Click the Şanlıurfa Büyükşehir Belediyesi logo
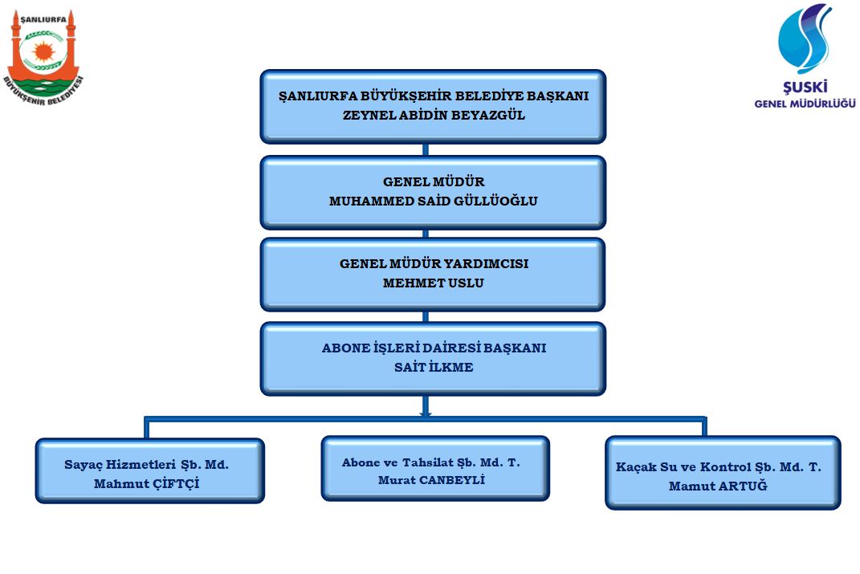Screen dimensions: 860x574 pyautogui.click(x=43, y=59)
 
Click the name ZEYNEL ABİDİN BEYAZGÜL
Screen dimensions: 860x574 pyautogui.click(x=434, y=115)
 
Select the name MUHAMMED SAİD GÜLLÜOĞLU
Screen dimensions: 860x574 pyautogui.click(x=434, y=201)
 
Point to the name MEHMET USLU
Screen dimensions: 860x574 pyautogui.click(x=434, y=283)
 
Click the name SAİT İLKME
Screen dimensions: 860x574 pyautogui.click(x=434, y=367)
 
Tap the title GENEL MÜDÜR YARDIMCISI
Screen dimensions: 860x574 pyautogui.click(x=434, y=263)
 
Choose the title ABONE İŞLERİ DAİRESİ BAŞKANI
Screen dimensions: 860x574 pyautogui.click(x=434, y=348)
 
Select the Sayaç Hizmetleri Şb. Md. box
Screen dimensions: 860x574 pyautogui.click(x=149, y=471)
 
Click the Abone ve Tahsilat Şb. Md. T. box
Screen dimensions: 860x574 pyautogui.click(x=435, y=468)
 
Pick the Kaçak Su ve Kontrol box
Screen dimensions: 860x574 pyautogui.click(x=723, y=473)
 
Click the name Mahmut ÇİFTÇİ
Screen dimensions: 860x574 pyautogui.click(x=146, y=483)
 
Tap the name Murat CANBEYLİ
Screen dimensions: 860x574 pyautogui.click(x=431, y=480)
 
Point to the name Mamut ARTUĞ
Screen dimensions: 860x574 pyautogui.click(x=718, y=486)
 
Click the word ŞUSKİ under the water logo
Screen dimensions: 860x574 pyautogui.click(x=805, y=87)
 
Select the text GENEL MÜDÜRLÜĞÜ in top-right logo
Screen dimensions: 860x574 pyautogui.click(x=805, y=104)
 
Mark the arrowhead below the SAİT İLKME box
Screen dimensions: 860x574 pyautogui.click(x=426, y=413)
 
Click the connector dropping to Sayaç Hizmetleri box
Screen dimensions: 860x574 pyautogui.click(x=146, y=428)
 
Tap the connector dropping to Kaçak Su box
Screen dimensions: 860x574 pyautogui.click(x=704, y=427)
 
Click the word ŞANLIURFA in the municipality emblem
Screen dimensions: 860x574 pyautogui.click(x=43, y=20)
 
